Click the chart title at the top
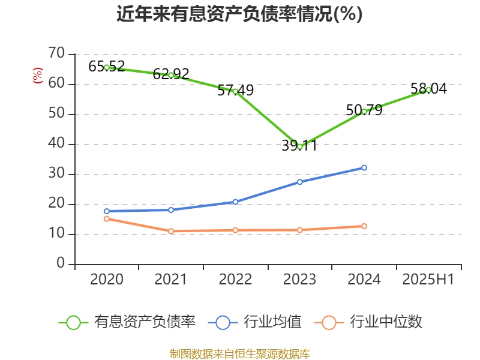pyautogui.click(x=239, y=14)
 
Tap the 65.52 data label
pyautogui.click(x=107, y=66)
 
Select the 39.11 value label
pyautogui.click(x=299, y=146)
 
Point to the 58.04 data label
pyautogui.click(x=428, y=89)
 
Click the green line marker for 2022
pyautogui.click(x=235, y=91)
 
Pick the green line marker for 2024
pyautogui.click(x=364, y=111)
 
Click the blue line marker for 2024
pyautogui.click(x=364, y=168)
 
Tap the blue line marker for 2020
pyautogui.click(x=107, y=211)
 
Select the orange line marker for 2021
pyautogui.click(x=171, y=231)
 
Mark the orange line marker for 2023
pyautogui.click(x=299, y=230)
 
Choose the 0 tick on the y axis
pyautogui.click(x=60, y=263)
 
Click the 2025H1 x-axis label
pyautogui.click(x=428, y=279)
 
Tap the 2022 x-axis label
pyautogui.click(x=235, y=279)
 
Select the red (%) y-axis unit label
pyautogui.click(x=37, y=75)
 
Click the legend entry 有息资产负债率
pyautogui.click(x=128, y=322)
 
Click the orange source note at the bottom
pyautogui.click(x=239, y=353)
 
